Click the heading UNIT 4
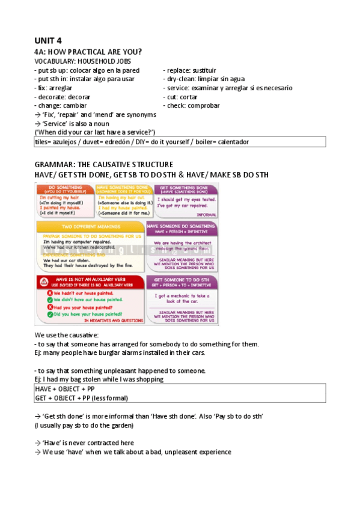pos(49,40)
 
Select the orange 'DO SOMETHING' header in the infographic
pos(65,188)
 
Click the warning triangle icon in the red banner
pos(44,282)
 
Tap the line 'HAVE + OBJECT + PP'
pos(65,389)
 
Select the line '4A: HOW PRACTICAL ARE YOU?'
pos(88,52)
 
